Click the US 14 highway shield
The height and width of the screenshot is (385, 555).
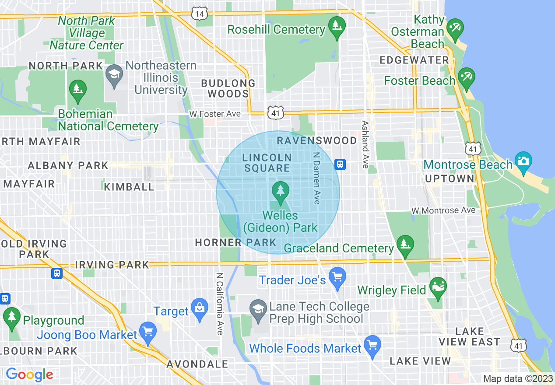(199, 14)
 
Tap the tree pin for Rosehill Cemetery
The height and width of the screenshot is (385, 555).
(337, 28)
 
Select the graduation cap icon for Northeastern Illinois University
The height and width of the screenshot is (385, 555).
(115, 75)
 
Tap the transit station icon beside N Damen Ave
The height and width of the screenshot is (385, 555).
(340, 164)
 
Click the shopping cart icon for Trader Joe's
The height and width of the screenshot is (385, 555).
(337, 277)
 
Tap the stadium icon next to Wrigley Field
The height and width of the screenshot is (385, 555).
(438, 287)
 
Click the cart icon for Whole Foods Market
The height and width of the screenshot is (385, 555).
(372, 346)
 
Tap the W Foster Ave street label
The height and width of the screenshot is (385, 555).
(215, 114)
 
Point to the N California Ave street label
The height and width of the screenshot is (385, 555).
(219, 304)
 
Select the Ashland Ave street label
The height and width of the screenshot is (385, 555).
(365, 144)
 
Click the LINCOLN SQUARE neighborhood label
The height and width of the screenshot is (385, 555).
(267, 163)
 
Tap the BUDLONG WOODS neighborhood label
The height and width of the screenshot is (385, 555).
(228, 88)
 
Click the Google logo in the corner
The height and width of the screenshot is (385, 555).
(29, 374)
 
